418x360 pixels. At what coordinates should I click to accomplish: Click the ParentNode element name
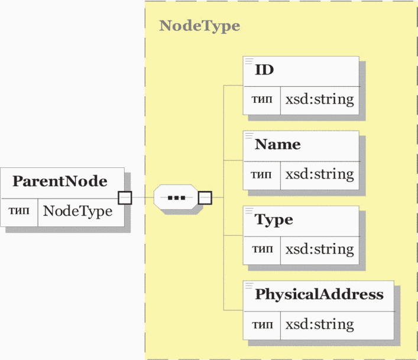click(x=60, y=181)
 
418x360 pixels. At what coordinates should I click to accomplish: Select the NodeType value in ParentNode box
click(x=77, y=211)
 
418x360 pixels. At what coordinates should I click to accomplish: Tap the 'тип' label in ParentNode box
click(x=19, y=210)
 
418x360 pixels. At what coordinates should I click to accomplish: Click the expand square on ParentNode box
click(x=125, y=197)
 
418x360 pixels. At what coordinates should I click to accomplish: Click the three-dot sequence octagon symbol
click(x=176, y=197)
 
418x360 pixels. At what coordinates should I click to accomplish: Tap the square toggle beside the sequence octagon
click(x=205, y=197)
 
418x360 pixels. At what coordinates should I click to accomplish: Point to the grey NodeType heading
click(x=200, y=26)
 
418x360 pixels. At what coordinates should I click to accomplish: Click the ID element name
click(x=264, y=70)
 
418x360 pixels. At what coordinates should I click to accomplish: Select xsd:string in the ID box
click(x=320, y=100)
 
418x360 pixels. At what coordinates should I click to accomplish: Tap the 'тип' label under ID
click(x=262, y=99)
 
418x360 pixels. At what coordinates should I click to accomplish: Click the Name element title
click(x=277, y=144)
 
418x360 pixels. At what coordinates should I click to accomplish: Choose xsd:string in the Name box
click(x=320, y=174)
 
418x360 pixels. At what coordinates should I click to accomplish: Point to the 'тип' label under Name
click(x=261, y=175)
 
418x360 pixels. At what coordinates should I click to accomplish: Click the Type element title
click(x=274, y=220)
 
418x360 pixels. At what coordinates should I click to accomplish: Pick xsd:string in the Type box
click(x=320, y=249)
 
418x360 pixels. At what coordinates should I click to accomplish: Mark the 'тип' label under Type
click(x=263, y=249)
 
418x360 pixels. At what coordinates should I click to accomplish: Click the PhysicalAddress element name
click(x=319, y=294)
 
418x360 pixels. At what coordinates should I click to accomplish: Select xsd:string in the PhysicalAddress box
click(x=320, y=325)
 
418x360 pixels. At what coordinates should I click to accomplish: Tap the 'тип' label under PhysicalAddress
click(x=263, y=325)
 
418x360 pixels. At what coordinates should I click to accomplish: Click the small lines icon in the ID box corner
click(x=249, y=61)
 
